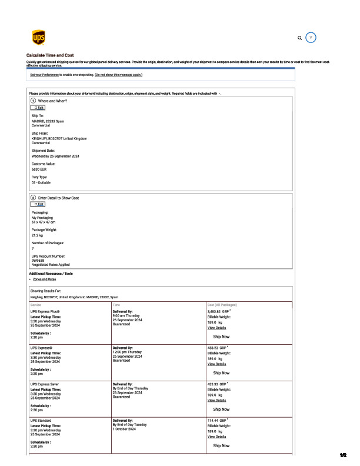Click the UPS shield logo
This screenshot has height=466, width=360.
38,38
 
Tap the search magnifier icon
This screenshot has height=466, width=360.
300,38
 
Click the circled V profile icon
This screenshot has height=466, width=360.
312,37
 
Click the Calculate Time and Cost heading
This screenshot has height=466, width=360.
50,55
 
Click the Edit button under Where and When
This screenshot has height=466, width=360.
38,108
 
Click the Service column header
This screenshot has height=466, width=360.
35,305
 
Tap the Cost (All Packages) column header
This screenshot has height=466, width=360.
223,305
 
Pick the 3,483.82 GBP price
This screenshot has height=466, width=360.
218,311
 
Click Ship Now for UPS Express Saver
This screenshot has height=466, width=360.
221,409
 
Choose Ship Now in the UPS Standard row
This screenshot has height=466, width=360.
221,445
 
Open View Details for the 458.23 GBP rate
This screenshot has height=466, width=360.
216,364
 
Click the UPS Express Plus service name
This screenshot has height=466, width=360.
45,311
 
